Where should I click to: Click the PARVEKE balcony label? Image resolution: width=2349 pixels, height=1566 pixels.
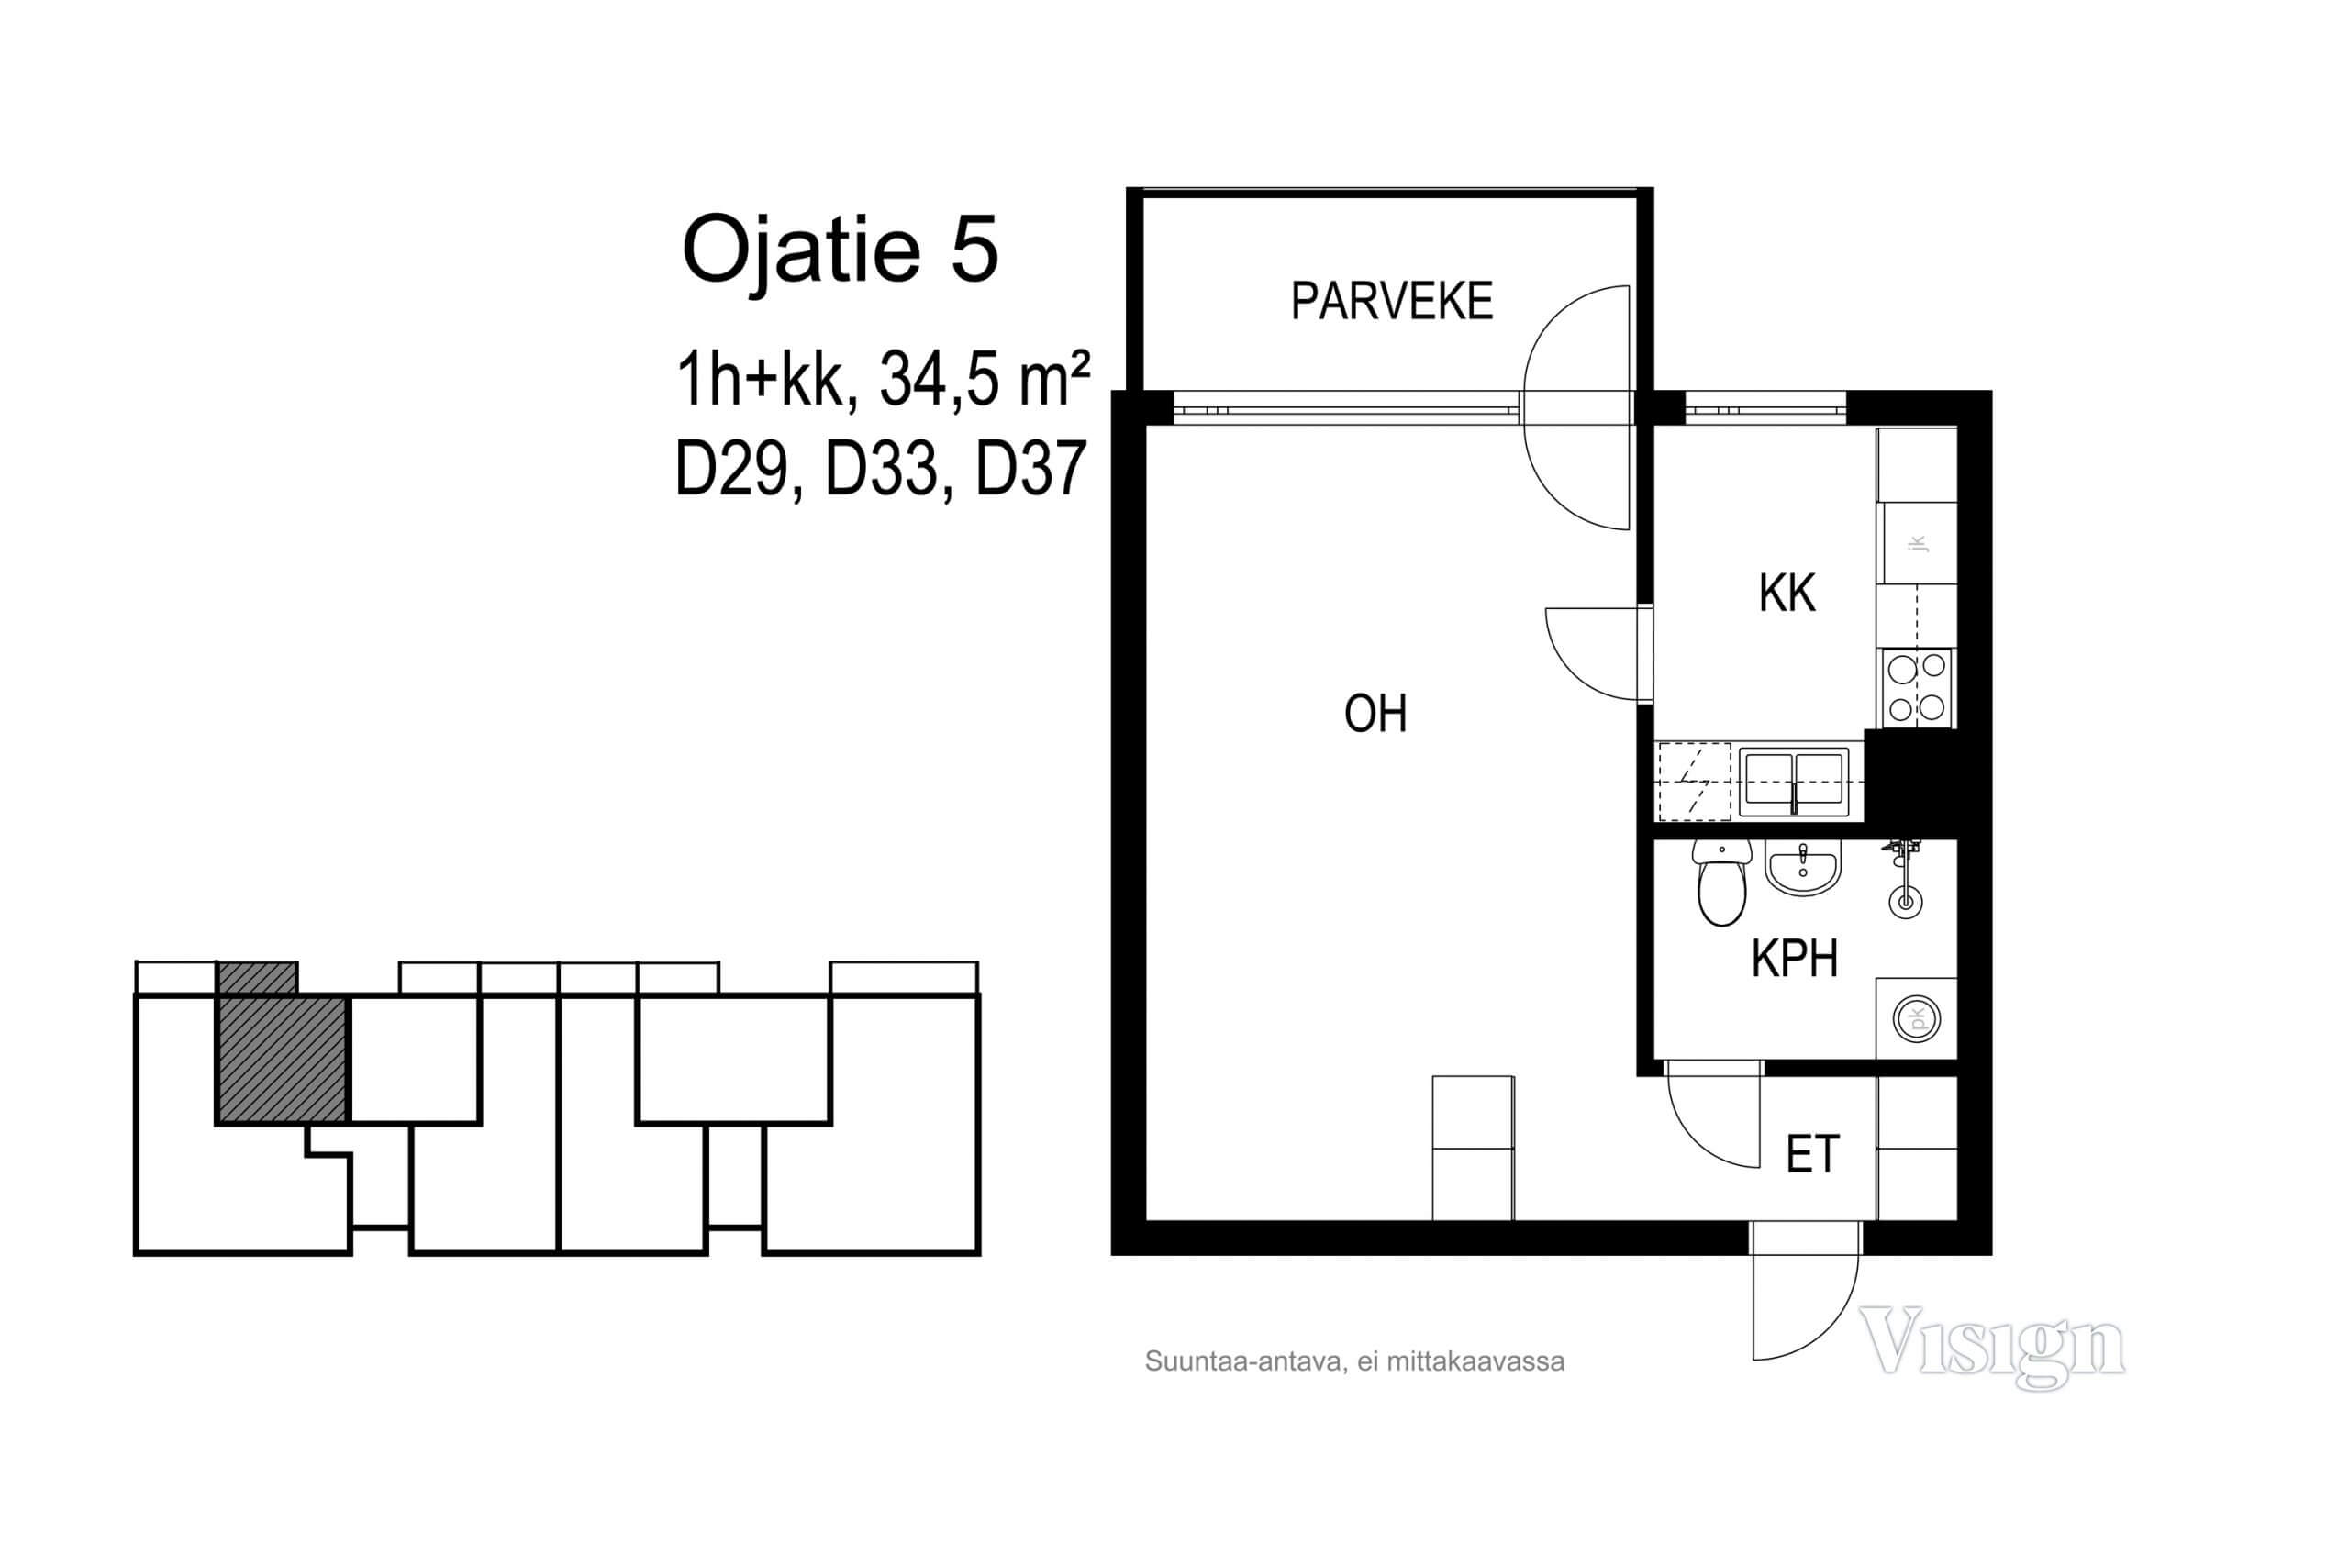tap(1391, 301)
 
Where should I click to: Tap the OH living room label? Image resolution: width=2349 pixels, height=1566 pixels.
tap(1375, 715)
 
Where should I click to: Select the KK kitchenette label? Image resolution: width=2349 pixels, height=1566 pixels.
tap(1787, 594)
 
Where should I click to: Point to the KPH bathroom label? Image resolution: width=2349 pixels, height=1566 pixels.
tap(1795, 958)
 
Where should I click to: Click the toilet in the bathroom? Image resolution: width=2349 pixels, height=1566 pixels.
tap(1721, 883)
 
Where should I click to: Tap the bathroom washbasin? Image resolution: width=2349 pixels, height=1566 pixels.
tap(1803, 867)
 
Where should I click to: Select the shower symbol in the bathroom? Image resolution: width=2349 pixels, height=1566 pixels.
tap(1905, 879)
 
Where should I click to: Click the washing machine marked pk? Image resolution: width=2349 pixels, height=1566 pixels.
tap(1916, 1018)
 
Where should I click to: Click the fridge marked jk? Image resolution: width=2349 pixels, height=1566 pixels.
tap(1916, 543)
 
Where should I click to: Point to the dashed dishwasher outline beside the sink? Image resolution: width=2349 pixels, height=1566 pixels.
tap(1694, 782)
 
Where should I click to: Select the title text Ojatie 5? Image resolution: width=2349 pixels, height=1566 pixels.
tap(840, 250)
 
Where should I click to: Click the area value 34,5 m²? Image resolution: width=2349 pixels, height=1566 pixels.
tap(985, 380)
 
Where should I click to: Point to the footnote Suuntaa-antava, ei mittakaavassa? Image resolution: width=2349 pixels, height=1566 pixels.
tap(1354, 1361)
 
